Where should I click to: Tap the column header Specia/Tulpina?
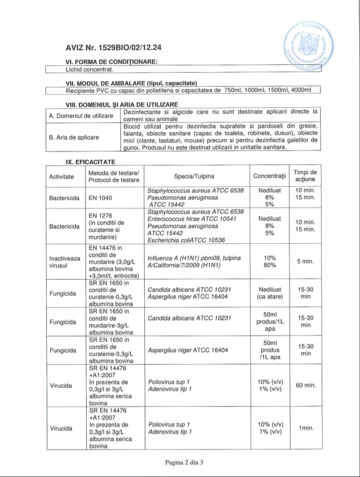click(195, 176)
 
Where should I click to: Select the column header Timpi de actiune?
click(306, 176)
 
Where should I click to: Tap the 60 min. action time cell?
click(306, 385)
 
